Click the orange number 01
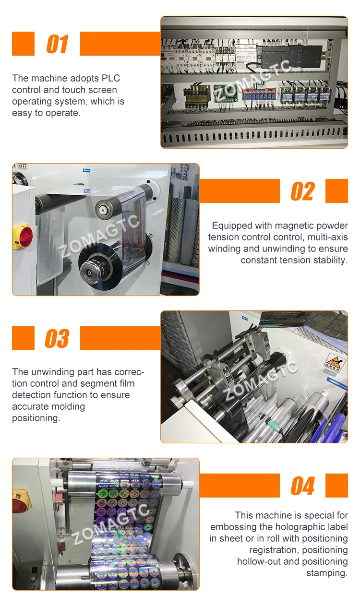[57, 44]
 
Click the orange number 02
[302, 191]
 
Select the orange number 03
[57, 339]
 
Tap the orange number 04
[302, 486]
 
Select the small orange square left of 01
[23, 44]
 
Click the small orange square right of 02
[336, 191]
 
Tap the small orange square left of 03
[23, 338]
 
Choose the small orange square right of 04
[336, 486]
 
